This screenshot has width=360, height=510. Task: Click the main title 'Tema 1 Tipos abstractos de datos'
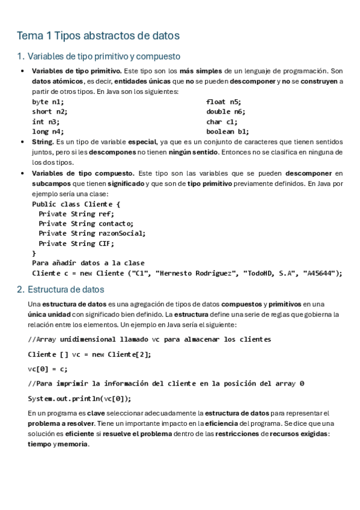point(99,36)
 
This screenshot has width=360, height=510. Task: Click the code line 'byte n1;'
point(47,102)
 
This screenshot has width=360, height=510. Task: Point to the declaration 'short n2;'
point(50,112)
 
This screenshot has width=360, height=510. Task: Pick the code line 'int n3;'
point(46,121)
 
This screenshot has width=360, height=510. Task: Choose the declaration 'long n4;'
point(47,131)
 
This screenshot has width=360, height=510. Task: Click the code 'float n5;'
point(224,102)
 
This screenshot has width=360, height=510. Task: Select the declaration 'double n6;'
point(226,112)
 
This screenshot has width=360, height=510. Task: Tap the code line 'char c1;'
point(222,121)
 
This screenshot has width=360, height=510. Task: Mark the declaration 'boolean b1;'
point(228,131)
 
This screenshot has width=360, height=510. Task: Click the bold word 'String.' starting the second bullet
point(43,142)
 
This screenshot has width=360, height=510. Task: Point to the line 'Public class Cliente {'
point(76,204)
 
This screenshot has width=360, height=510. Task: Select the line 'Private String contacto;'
point(86,224)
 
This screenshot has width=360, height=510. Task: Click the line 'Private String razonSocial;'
point(92,233)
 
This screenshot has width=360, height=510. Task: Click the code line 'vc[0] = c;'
point(47,369)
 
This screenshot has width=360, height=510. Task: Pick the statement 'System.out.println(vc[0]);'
point(79,398)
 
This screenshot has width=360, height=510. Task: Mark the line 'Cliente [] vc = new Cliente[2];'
point(90,354)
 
